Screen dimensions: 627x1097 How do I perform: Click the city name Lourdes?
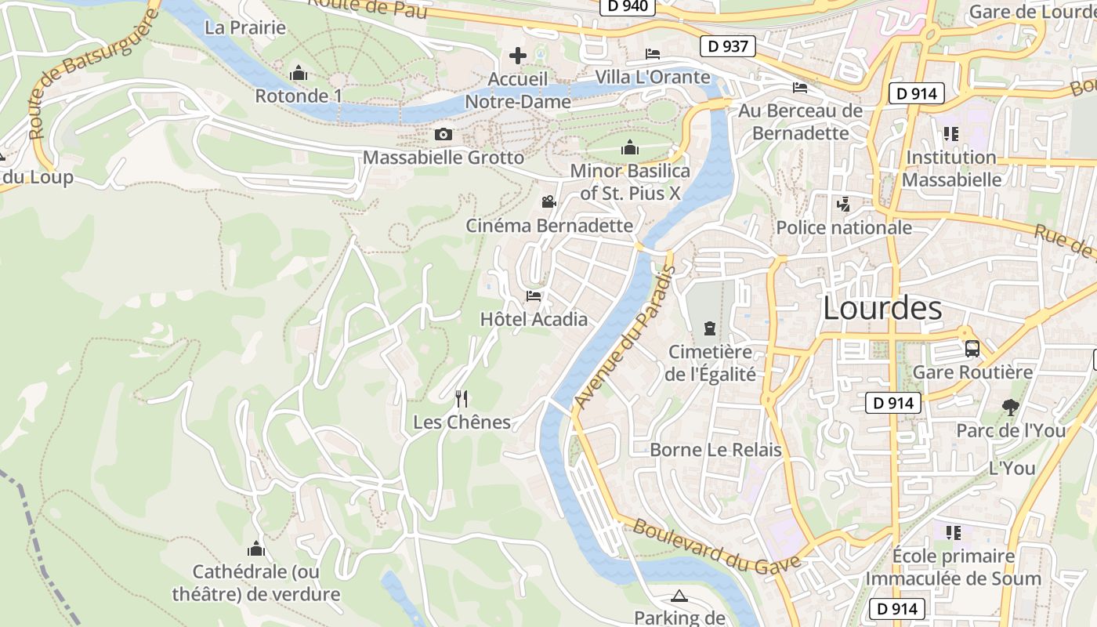pos(882,309)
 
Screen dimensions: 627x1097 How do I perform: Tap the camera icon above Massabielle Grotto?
pos(444,135)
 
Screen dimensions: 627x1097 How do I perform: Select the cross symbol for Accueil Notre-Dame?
pos(517,56)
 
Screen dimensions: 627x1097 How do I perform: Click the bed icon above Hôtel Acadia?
pos(534,296)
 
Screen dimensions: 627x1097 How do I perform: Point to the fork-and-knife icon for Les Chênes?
pos(462,399)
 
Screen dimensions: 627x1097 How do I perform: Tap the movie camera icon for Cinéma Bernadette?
pos(548,202)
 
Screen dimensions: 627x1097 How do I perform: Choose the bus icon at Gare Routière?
pos(972,349)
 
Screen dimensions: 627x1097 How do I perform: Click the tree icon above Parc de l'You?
pos(1011,408)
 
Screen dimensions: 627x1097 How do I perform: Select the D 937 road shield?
pos(727,46)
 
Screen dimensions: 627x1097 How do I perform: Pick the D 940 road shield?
pos(627,6)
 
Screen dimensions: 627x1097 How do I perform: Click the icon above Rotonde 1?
pos(298,74)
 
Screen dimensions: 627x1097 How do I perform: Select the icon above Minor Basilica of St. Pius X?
pos(629,147)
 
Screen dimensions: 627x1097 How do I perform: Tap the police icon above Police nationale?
pos(843,205)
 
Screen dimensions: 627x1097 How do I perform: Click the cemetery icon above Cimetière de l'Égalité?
pos(710,328)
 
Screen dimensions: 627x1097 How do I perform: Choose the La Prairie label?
pos(245,27)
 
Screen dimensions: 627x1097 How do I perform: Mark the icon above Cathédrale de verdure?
pos(255,549)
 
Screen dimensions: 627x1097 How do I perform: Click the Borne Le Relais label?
pos(715,450)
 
